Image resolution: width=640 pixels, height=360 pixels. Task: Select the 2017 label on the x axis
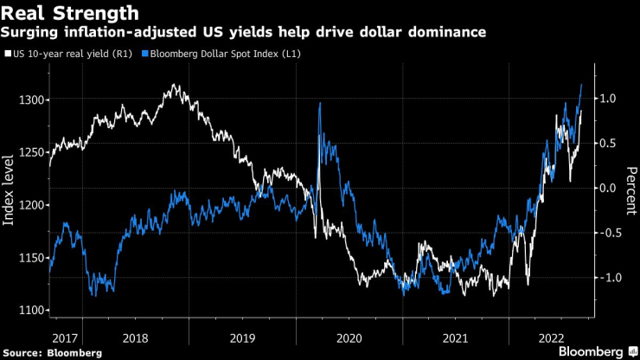coord(65,335)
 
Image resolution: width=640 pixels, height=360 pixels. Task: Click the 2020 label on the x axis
coord(349,335)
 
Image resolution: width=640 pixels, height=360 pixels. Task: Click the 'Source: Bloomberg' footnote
coord(53,353)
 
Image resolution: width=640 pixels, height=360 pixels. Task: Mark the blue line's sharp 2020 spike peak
coord(321,104)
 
